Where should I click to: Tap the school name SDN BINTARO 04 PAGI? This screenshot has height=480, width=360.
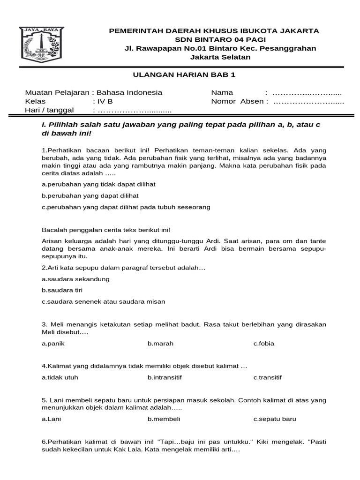tap(214, 39)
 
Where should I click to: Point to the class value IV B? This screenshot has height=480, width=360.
tap(105, 101)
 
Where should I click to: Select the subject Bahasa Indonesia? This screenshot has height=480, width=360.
tap(129, 92)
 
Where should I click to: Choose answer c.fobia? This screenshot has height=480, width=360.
tap(264, 344)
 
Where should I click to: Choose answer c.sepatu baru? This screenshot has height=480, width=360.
tap(275, 419)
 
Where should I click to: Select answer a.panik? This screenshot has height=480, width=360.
tap(52, 344)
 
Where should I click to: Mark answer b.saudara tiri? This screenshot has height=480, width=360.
tap(62, 290)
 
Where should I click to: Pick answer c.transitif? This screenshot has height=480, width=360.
tap(268, 377)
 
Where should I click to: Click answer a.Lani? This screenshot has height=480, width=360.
tap(52, 419)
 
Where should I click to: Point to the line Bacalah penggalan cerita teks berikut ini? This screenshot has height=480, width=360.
tap(106, 230)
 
